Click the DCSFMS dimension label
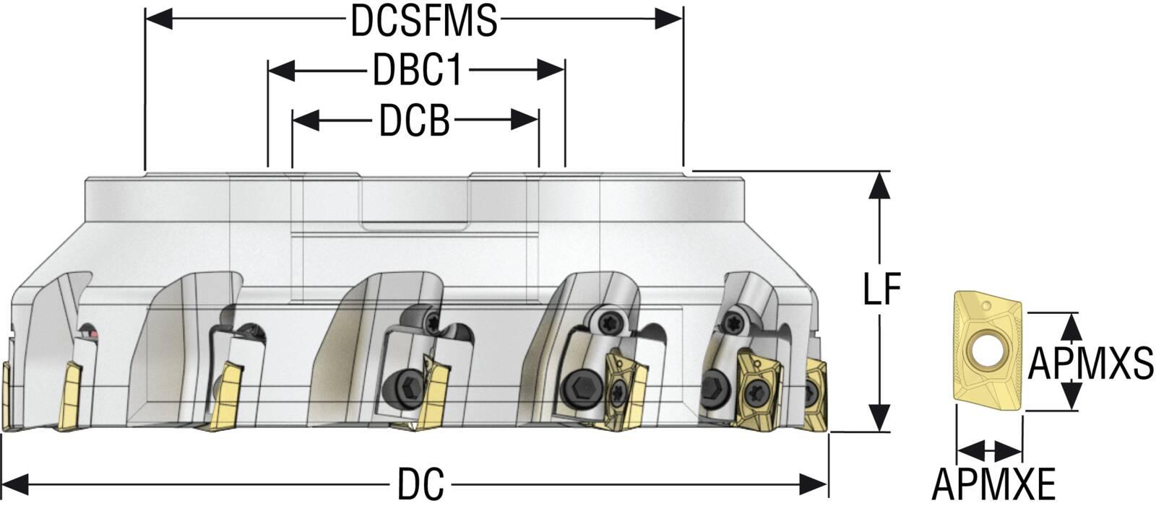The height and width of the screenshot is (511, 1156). click(x=424, y=21)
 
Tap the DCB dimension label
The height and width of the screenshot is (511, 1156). click(x=415, y=121)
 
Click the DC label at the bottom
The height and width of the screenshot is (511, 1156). click(x=420, y=484)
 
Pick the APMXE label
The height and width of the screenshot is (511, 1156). click(x=993, y=484)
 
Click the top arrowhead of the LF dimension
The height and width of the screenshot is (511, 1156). click(x=879, y=185)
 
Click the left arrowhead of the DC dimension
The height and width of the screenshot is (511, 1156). click(x=16, y=484)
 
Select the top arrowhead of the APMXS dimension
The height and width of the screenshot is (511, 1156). click(x=1073, y=326)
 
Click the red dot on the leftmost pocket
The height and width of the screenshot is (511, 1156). click(x=90, y=334)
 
